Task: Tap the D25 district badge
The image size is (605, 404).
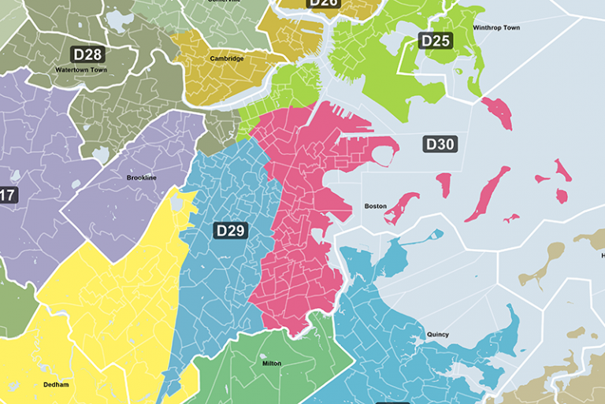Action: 435,40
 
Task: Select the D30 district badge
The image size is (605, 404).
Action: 440,144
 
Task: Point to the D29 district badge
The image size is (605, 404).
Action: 231,230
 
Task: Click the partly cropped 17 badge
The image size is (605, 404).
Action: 7,195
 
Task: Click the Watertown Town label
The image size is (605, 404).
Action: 81,69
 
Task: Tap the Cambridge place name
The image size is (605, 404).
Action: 227,58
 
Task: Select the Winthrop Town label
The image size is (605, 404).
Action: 496,28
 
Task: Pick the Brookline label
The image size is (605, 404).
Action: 142,178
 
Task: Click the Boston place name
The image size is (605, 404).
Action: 375,206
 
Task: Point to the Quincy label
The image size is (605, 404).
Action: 438,335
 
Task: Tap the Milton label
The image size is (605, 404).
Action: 271,364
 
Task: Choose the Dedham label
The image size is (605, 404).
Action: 57,384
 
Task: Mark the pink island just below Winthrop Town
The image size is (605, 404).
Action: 498,113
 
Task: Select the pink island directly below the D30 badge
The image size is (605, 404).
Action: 444,185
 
